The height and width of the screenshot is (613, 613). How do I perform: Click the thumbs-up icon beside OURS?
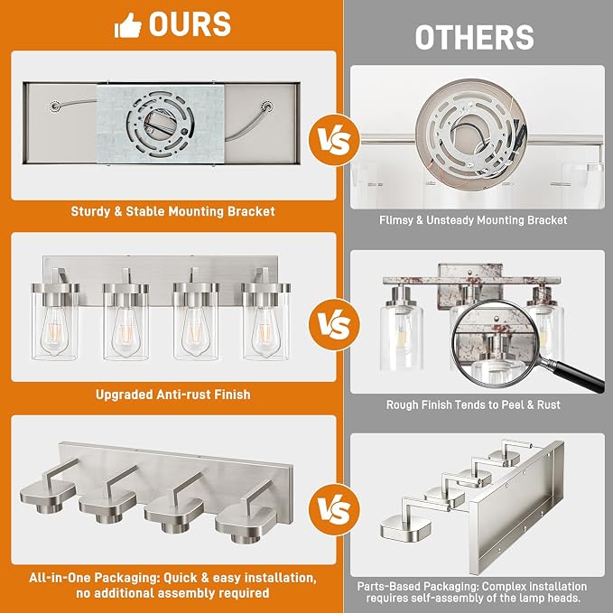(x=127, y=25)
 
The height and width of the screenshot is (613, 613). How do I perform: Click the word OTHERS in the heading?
(x=474, y=38)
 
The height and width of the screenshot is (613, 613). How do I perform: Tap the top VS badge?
(x=334, y=140)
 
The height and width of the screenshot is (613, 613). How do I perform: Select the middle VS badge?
(x=334, y=324)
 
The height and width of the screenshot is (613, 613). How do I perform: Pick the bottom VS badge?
(x=334, y=509)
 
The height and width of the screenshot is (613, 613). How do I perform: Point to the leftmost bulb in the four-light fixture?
(x=54, y=331)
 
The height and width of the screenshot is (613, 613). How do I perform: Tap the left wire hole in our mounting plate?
(x=54, y=106)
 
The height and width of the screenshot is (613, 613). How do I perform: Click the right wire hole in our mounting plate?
(x=267, y=107)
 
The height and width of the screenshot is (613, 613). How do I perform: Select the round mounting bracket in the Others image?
(x=471, y=129)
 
